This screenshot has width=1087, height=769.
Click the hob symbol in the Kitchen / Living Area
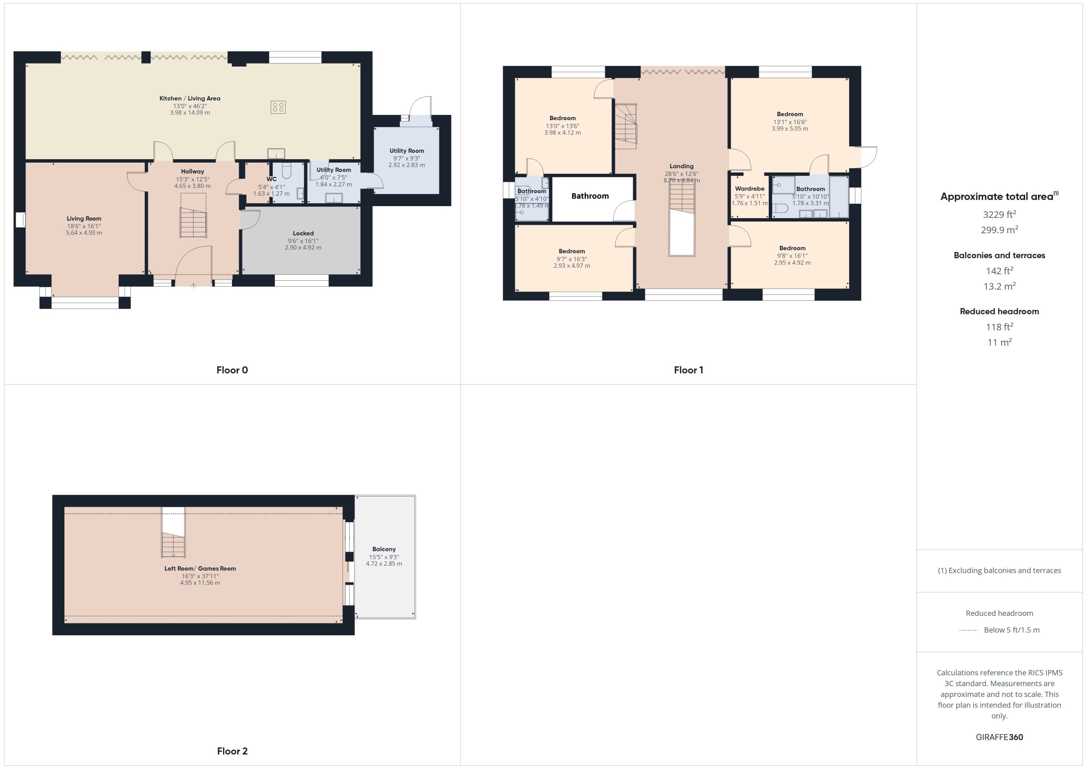[x=278, y=107]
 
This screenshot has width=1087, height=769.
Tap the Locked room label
[x=303, y=233]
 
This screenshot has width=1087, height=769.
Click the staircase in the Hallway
[x=193, y=223]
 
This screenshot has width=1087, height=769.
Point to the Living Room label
[x=84, y=218]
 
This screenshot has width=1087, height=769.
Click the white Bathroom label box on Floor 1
[x=590, y=196]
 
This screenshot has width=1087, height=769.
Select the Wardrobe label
[x=749, y=188]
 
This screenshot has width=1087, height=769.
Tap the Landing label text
[x=681, y=166]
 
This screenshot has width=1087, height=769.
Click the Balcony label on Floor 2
[x=384, y=549]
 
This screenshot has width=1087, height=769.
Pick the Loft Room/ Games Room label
[x=200, y=568]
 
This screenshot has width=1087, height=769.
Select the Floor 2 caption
[x=232, y=751]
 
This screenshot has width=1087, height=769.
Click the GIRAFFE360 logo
[x=999, y=737]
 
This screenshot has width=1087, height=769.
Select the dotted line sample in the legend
[x=968, y=630]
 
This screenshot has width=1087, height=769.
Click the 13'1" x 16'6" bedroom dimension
[x=789, y=122]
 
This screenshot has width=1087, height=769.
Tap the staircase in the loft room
[x=173, y=545]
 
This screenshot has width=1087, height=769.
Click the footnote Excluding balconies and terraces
[x=999, y=571]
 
